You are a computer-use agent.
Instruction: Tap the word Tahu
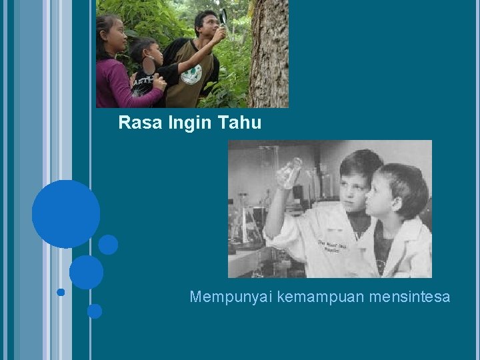click(x=239, y=123)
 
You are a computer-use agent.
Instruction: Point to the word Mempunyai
click(x=230, y=297)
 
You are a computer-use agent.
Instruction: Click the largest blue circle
click(x=66, y=214)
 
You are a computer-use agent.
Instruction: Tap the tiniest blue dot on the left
click(x=61, y=292)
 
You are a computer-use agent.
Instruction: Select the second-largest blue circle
click(x=86, y=272)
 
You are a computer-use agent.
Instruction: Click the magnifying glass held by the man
click(x=223, y=15)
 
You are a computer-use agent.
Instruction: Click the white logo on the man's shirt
click(x=191, y=73)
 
